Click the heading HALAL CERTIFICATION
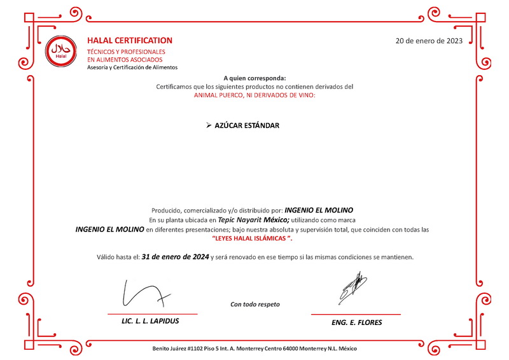point(130,40)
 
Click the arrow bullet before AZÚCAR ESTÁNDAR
point(209,125)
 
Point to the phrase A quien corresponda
point(254,78)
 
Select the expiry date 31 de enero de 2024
point(176,257)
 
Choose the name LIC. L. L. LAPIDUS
point(150,321)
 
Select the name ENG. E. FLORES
point(356,322)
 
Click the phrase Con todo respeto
point(254,304)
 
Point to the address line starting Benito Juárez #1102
point(254,349)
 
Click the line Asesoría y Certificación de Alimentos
point(132,67)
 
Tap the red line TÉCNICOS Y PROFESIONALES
point(126,52)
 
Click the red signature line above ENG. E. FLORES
point(356,314)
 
